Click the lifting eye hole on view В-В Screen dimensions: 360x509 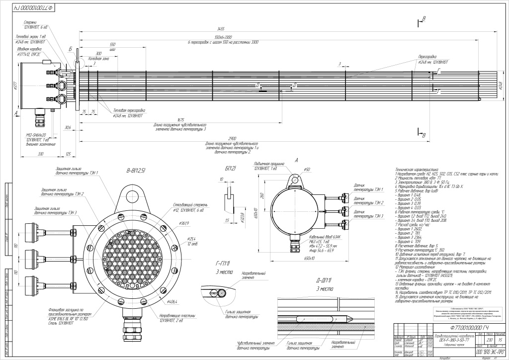click(x=131, y=191)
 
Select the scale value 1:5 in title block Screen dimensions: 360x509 click(x=500, y=339)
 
